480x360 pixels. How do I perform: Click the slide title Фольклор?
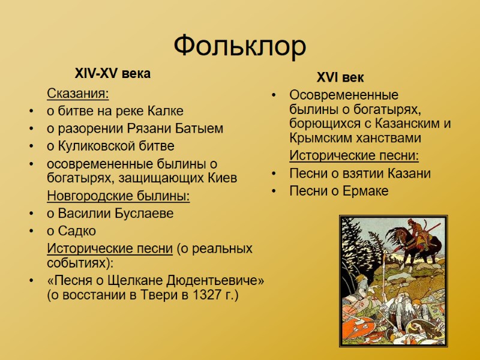pos(240,46)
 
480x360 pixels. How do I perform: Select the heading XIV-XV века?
pos(112,74)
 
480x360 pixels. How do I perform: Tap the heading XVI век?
pos(340,77)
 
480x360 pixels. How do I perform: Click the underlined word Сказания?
pos(78,94)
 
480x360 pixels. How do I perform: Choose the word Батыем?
pos(203,128)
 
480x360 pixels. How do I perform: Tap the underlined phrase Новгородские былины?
pos(118,196)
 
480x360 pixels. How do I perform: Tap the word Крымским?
pos(320,138)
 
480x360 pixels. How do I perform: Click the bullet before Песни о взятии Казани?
pos(274,174)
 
